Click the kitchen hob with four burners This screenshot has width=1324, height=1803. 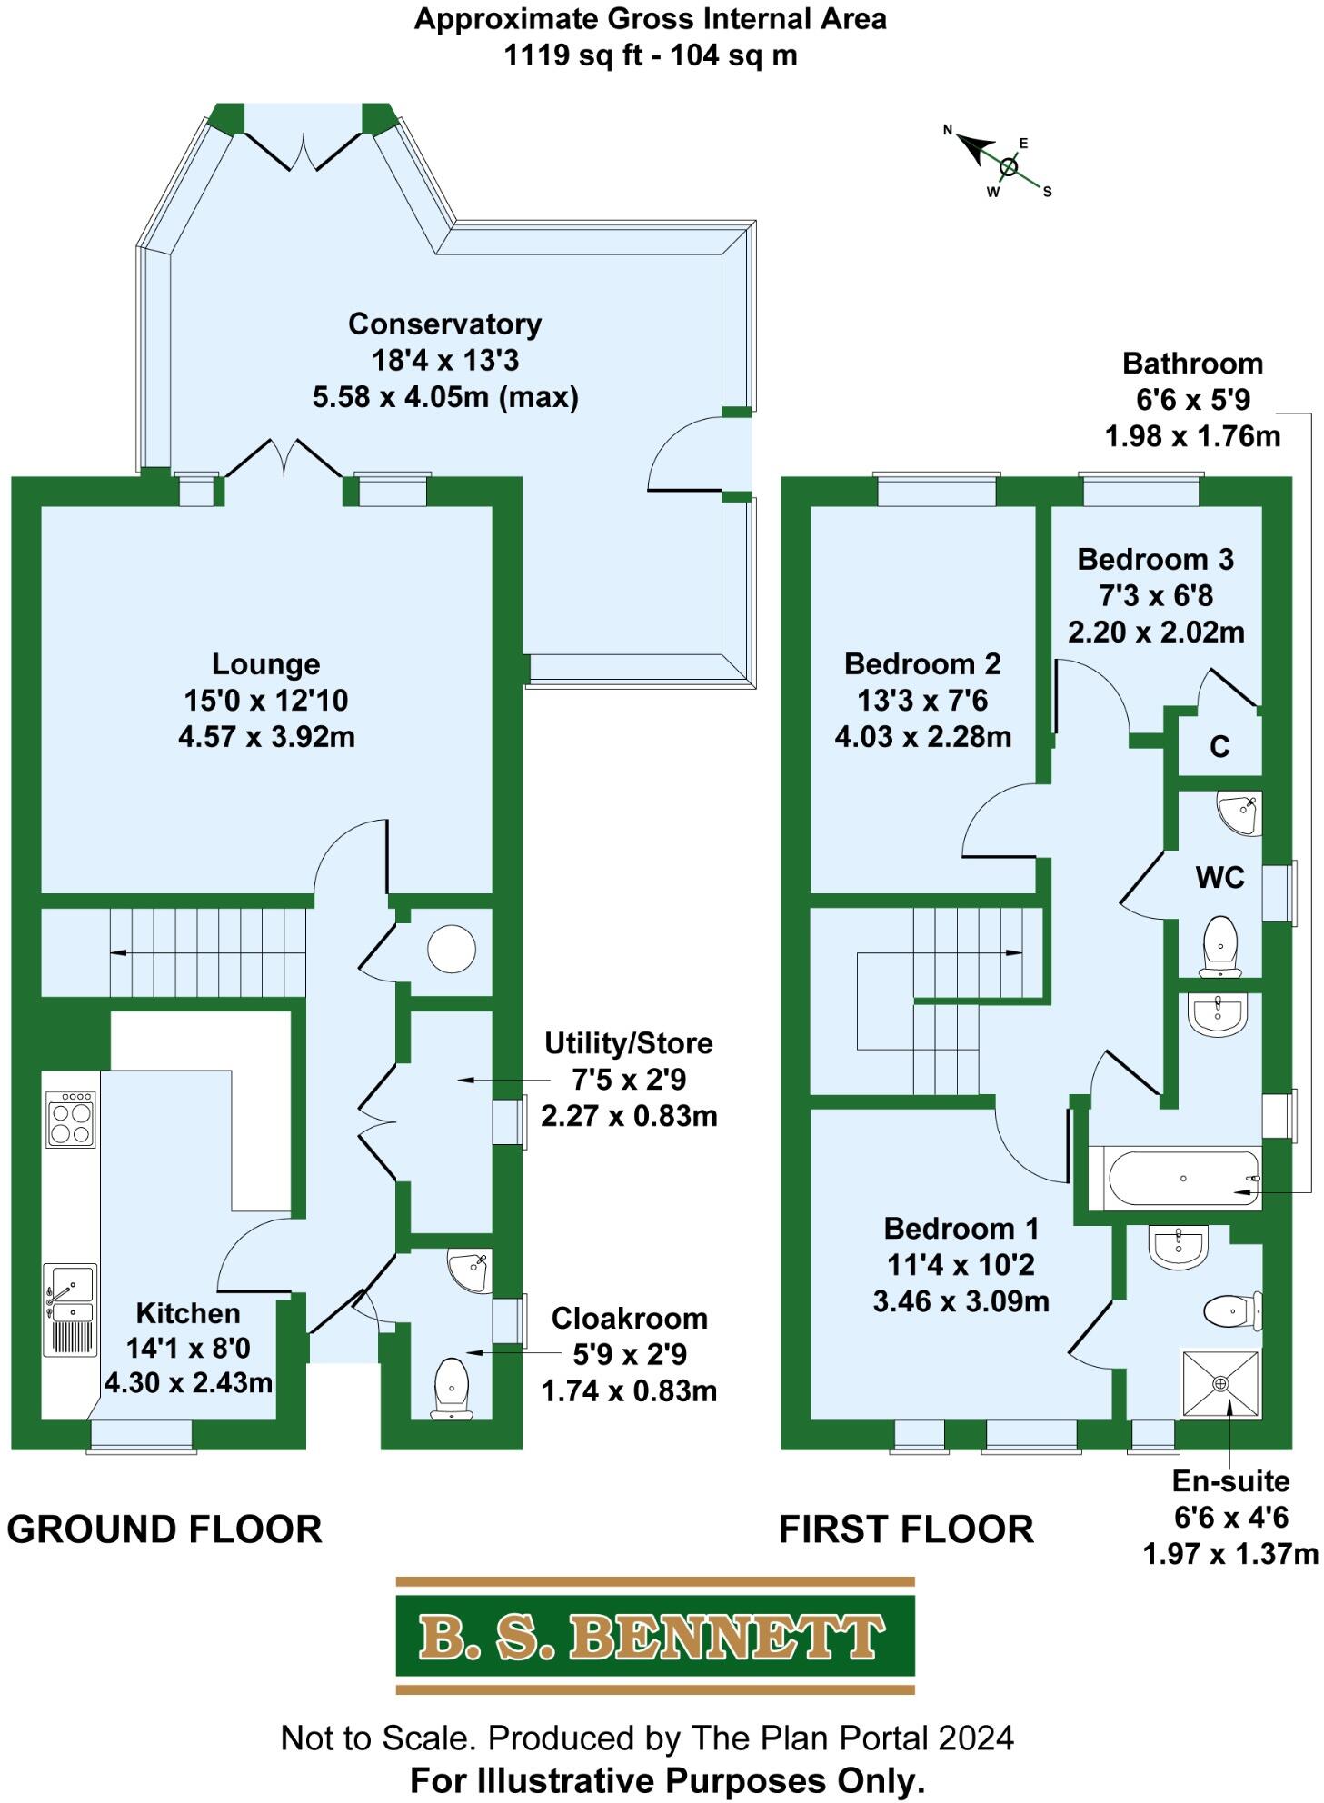(x=71, y=1119)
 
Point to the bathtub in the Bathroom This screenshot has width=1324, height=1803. (x=1182, y=1179)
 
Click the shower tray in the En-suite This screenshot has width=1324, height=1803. (x=1220, y=1383)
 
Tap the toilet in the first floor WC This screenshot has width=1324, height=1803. (x=1219, y=945)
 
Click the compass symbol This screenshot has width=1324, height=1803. (x=1007, y=166)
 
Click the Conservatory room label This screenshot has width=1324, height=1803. (x=444, y=324)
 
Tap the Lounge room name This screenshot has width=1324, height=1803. (x=265, y=664)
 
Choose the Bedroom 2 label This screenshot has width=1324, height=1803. (x=922, y=664)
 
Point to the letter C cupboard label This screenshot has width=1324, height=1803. (x=1219, y=747)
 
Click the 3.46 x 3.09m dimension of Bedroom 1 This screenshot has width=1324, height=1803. (x=961, y=1301)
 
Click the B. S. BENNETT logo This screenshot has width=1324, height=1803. (x=654, y=1636)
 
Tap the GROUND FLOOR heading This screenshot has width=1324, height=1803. (x=164, y=1529)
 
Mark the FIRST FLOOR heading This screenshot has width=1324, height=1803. (x=906, y=1529)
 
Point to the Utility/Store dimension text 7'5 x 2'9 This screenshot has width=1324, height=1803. (x=629, y=1080)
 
